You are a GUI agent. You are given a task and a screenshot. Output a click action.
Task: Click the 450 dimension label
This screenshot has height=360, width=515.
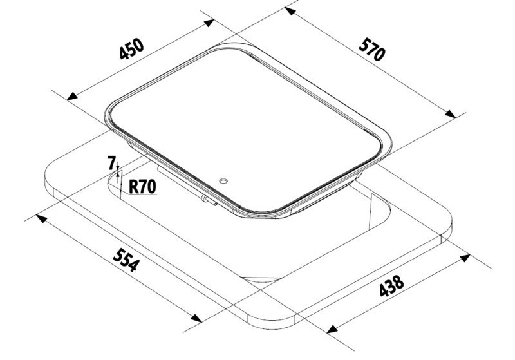(x=132, y=50)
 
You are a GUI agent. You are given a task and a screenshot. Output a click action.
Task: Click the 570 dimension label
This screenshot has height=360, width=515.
(x=371, y=50)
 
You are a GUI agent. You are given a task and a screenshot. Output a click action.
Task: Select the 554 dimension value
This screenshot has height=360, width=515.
(x=126, y=260)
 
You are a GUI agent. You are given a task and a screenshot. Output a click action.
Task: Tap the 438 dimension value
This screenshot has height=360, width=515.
(x=391, y=286)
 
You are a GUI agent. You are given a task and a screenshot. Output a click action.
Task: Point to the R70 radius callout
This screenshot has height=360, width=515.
(x=142, y=187)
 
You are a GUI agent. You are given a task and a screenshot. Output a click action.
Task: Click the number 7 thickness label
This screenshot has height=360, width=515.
(x=111, y=163)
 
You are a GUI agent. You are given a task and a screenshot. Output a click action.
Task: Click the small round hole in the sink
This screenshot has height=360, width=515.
(x=223, y=181)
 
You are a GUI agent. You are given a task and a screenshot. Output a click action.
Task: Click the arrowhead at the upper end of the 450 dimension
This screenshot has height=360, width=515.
(x=209, y=23)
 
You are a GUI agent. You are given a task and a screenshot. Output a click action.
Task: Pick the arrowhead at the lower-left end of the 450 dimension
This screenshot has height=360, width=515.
(x=72, y=97)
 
